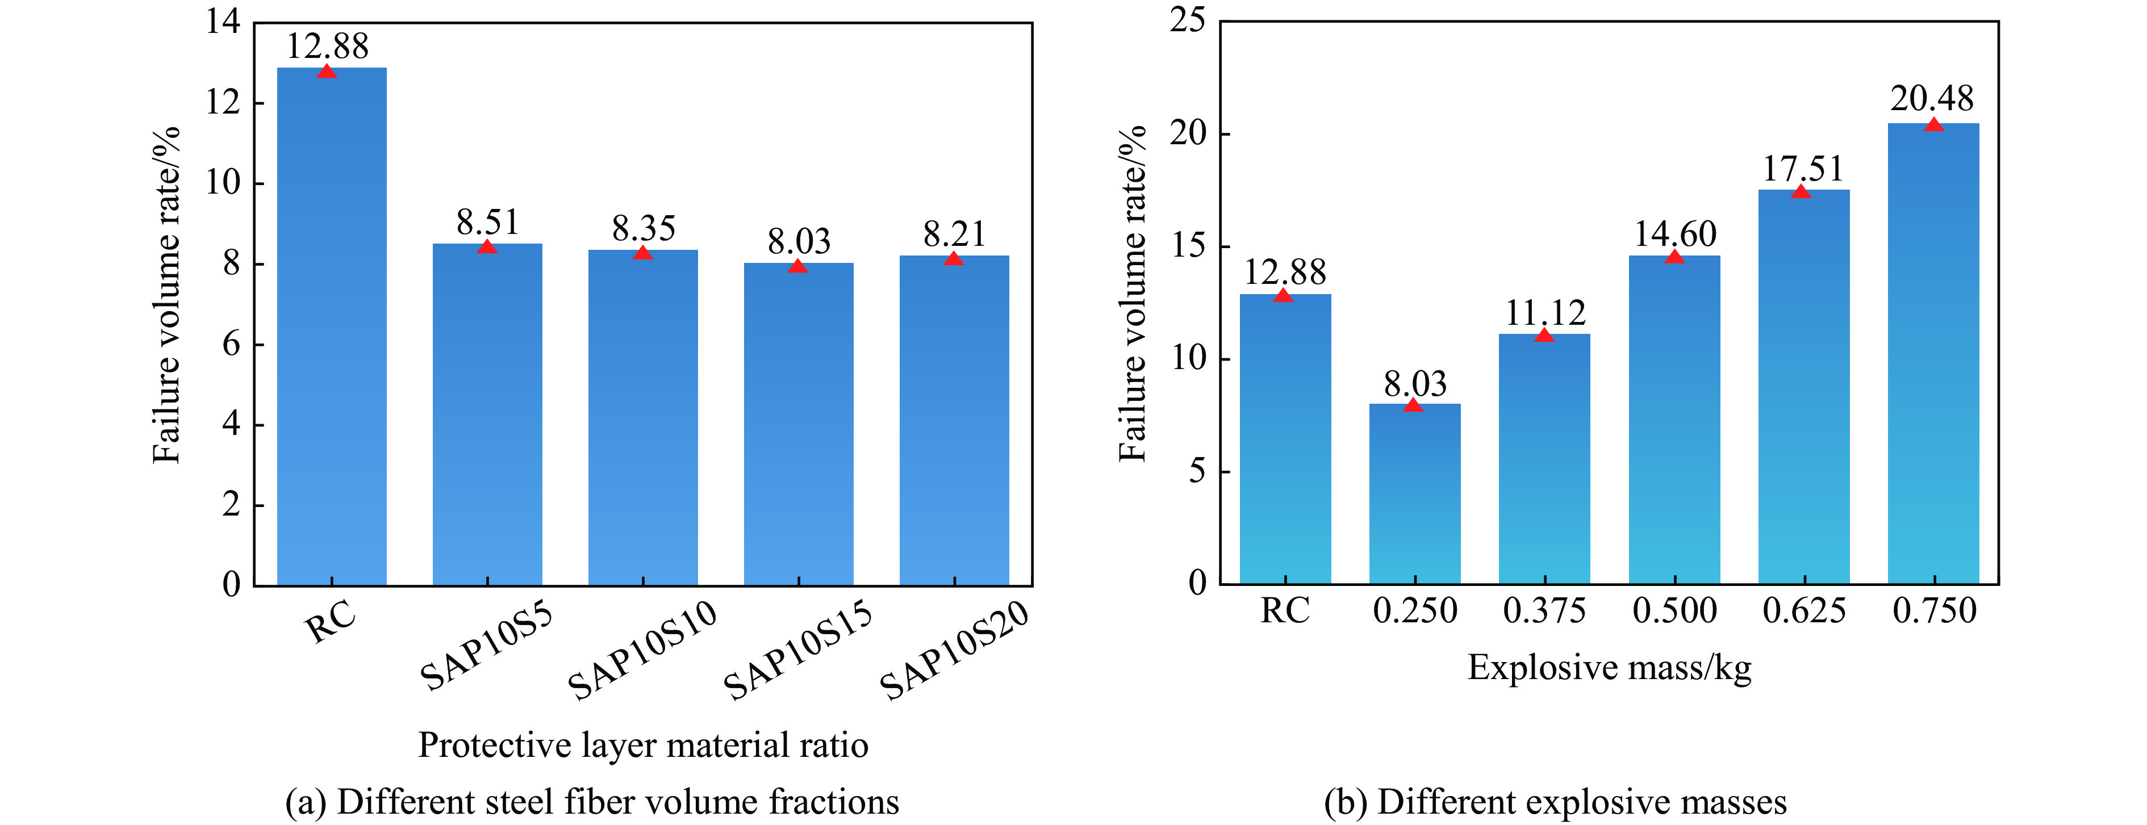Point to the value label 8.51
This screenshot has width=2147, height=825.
tap(487, 223)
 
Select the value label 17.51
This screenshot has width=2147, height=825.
tap(1803, 169)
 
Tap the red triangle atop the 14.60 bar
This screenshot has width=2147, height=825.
tap(1674, 257)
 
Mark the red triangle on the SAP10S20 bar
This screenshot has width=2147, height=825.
tap(954, 259)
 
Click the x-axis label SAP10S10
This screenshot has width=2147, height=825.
tap(642, 650)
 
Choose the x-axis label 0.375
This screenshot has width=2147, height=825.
tap(1544, 612)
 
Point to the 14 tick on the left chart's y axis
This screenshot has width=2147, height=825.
tap(223, 23)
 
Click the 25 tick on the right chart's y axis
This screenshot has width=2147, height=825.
tap(1188, 20)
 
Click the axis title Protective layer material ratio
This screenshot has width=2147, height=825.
tap(642, 745)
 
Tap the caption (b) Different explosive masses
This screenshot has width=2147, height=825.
tap(1555, 802)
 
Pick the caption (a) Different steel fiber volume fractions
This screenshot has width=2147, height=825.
tap(592, 802)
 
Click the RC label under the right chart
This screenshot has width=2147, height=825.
tap(1284, 612)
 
